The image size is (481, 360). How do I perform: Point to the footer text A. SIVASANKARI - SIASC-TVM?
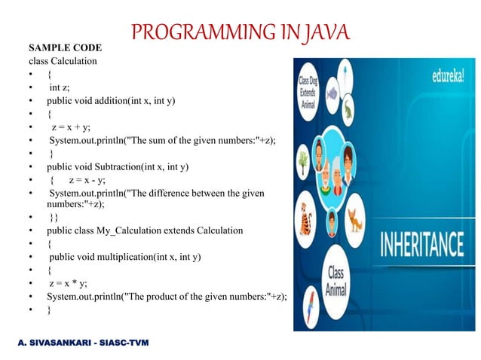[84, 343]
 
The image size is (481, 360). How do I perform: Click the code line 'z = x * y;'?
[68, 282]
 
